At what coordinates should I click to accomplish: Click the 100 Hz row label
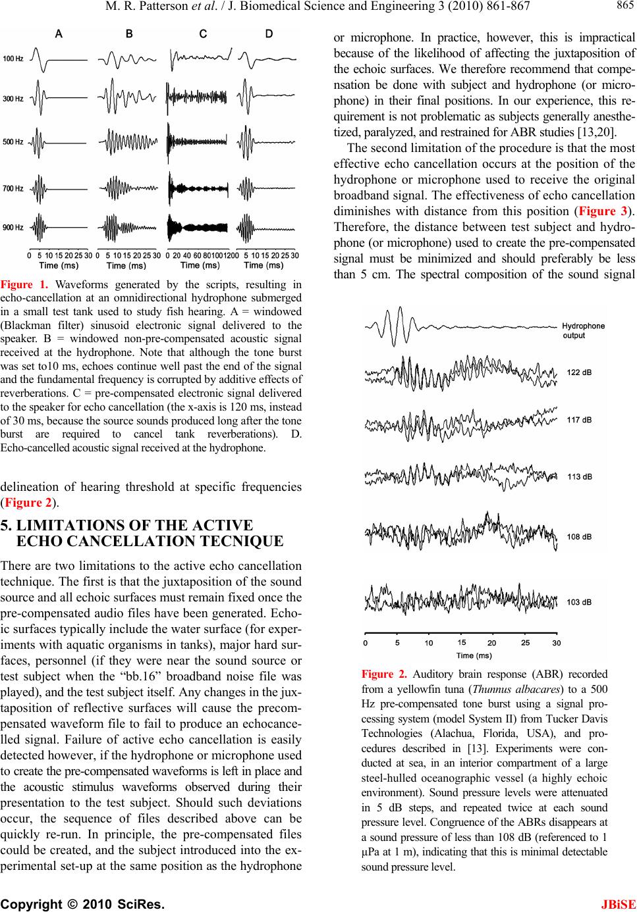click(13, 59)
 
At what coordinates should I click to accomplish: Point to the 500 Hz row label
click(13, 141)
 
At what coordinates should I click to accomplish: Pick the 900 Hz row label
click(13, 228)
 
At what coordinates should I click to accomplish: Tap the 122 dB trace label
click(580, 372)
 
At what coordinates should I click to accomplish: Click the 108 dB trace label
click(580, 536)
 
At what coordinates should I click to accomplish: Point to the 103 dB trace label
click(580, 601)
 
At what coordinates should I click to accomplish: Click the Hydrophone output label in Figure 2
click(583, 330)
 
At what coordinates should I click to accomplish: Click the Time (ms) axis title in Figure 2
click(474, 655)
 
